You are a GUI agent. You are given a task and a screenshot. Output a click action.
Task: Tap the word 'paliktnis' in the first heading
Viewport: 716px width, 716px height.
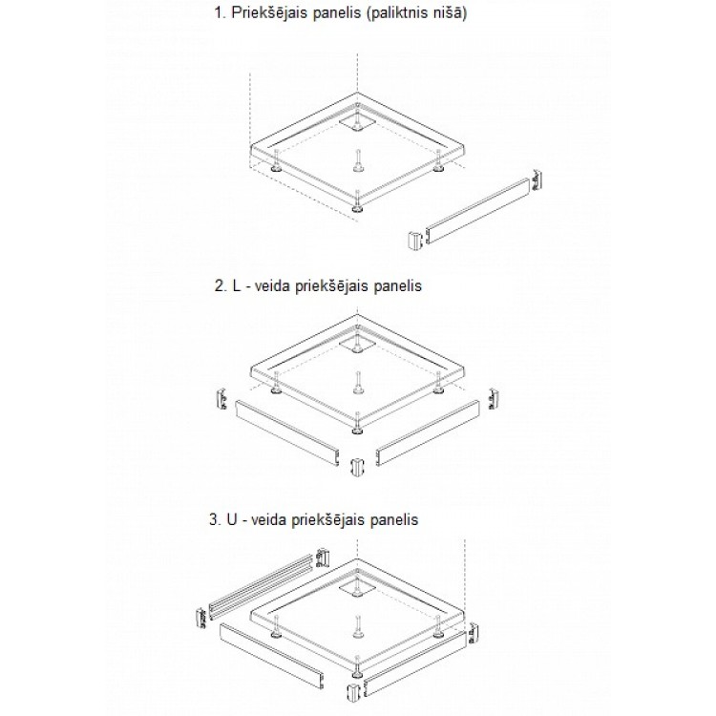[x=397, y=12]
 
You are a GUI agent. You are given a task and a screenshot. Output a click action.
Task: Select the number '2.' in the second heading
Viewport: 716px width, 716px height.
[x=221, y=286]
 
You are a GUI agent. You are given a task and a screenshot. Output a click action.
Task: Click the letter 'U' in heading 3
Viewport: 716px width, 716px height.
[x=232, y=519]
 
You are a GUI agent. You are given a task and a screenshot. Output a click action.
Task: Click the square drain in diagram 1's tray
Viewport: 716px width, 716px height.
[x=357, y=122]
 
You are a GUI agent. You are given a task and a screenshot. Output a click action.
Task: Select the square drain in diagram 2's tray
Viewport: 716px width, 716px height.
[x=357, y=344]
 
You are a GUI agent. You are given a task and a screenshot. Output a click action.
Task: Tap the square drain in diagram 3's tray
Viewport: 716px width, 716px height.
[x=357, y=587]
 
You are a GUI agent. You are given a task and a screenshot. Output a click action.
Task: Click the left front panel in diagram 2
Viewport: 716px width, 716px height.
[x=287, y=432]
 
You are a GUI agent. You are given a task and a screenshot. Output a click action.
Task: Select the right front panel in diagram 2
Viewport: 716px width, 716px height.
[x=428, y=432]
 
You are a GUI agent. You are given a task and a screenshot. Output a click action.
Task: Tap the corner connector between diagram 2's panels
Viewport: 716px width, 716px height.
[x=357, y=467]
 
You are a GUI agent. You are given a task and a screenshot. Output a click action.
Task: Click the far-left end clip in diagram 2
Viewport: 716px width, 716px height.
[x=221, y=398]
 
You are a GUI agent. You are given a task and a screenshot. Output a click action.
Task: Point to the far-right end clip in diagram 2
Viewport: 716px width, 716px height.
[x=494, y=399]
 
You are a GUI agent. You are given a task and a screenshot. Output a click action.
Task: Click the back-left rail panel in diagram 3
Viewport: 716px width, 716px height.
[x=263, y=583]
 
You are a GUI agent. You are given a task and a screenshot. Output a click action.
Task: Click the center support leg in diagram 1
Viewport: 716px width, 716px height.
[x=357, y=160]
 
